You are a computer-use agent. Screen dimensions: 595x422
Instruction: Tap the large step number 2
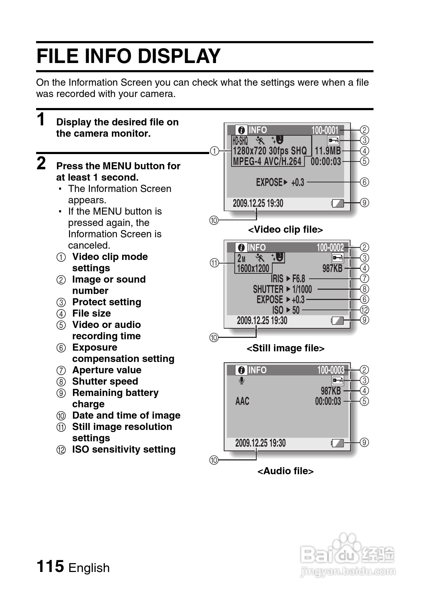(x=41, y=164)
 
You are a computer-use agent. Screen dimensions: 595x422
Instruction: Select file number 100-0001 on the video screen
(x=325, y=130)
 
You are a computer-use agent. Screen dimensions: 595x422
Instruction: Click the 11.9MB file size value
(x=327, y=151)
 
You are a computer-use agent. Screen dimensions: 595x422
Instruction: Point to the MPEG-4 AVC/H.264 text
(x=267, y=161)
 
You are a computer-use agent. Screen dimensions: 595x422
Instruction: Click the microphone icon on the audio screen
(x=241, y=380)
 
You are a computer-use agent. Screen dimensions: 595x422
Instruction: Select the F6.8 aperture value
(x=298, y=279)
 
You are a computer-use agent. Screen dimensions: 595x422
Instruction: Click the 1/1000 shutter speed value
(x=302, y=289)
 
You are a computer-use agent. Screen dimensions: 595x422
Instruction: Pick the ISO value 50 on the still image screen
(x=296, y=310)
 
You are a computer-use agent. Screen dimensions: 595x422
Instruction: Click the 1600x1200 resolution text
(x=253, y=268)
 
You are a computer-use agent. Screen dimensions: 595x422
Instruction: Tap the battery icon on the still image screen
(x=337, y=321)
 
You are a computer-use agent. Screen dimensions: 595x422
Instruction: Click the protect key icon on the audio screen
(x=337, y=381)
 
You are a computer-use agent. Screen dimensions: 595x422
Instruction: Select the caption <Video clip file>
(x=285, y=230)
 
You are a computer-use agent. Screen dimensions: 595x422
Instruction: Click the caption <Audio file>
(x=285, y=471)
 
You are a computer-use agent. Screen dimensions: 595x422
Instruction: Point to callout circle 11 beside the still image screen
(x=214, y=263)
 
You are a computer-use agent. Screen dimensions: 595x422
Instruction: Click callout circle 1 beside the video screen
(x=214, y=151)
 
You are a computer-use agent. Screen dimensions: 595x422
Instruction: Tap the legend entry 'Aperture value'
(x=107, y=370)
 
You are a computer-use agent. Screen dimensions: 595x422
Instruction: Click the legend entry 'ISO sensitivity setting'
(x=124, y=449)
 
